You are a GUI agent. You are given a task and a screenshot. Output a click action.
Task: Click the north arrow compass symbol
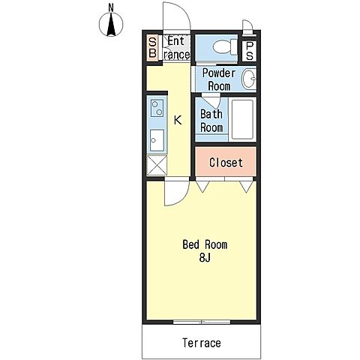tap(111, 25)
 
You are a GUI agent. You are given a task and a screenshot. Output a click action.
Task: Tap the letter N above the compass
tap(111, 8)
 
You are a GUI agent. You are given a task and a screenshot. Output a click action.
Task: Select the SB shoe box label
tap(152, 47)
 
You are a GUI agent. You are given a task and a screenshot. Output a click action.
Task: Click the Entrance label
tap(176, 48)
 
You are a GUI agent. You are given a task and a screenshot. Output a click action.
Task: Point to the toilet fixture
tap(225, 46)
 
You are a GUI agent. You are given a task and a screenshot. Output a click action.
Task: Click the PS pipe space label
tap(250, 51)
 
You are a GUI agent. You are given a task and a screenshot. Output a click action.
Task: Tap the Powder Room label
tap(219, 79)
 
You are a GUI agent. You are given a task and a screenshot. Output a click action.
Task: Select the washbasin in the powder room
tap(249, 79)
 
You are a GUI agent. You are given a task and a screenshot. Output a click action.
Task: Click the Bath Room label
tap(211, 121)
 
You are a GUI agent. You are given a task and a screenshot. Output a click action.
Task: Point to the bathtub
tap(242, 120)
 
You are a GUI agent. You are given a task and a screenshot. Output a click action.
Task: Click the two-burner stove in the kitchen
tap(157, 108)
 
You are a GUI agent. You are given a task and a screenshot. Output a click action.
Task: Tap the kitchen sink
tap(157, 140)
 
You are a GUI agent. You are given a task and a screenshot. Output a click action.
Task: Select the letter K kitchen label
tap(178, 120)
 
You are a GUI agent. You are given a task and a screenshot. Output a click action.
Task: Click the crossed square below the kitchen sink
tap(157, 164)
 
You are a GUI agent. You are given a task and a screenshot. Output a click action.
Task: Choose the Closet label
tap(226, 163)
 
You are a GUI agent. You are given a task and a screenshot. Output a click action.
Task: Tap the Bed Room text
tap(205, 244)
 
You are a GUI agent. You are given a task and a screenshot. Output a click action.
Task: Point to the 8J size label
tap(205, 257)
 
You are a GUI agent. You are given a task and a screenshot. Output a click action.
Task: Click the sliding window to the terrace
tap(202, 322)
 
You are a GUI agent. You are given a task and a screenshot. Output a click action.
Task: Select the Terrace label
tap(202, 343)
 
